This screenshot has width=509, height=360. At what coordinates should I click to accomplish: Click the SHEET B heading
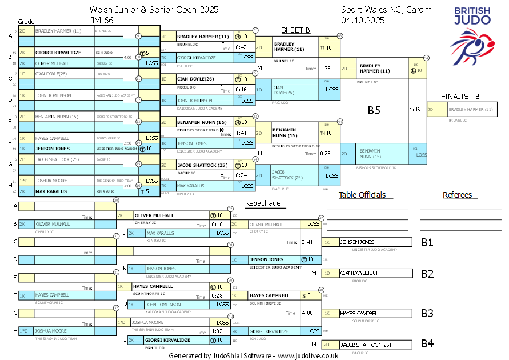(x=295, y=30)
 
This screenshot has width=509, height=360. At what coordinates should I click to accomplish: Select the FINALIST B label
(x=460, y=96)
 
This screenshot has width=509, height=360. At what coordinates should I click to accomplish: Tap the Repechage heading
(x=263, y=203)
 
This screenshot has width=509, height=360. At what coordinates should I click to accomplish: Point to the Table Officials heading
(x=362, y=195)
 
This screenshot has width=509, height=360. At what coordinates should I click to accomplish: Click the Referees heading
(x=457, y=195)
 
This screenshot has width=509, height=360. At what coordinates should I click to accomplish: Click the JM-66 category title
(x=102, y=20)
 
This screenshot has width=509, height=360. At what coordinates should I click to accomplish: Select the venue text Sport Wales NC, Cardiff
(x=386, y=10)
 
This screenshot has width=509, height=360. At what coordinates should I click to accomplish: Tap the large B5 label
(x=374, y=110)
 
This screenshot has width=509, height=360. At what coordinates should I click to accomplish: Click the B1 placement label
(x=427, y=242)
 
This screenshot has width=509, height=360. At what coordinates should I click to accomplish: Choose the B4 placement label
(x=427, y=343)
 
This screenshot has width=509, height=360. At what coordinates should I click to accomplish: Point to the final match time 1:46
(x=415, y=109)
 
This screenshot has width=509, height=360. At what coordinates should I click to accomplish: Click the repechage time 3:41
(x=308, y=242)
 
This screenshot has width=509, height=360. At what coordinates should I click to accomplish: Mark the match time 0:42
(x=241, y=47)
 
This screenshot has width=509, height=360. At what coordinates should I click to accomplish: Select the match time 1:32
(x=217, y=331)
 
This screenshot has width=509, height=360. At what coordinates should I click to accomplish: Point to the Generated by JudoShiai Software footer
(x=254, y=355)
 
